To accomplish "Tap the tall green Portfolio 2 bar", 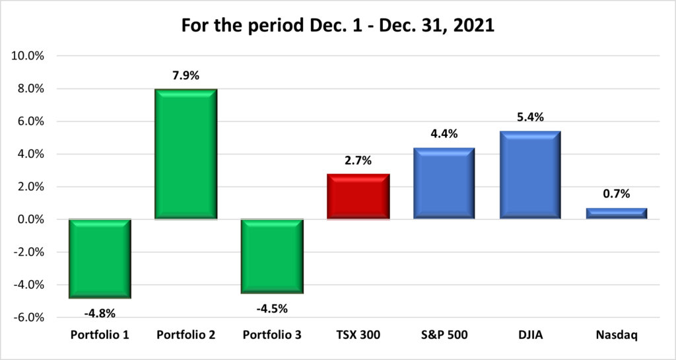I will click(x=186, y=154).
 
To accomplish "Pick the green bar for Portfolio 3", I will click(x=272, y=256).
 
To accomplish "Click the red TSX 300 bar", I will click(x=358, y=196).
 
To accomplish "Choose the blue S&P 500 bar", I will click(x=444, y=183).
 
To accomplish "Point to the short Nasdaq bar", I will click(x=617, y=213).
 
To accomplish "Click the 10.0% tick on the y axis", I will click(x=28, y=56).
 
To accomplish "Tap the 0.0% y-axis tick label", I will click(x=30, y=219).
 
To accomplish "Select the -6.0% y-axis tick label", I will click(x=29, y=318).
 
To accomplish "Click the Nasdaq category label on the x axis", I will click(x=617, y=336).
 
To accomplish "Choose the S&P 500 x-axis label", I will click(x=444, y=336).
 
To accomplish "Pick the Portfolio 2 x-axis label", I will click(x=186, y=336).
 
